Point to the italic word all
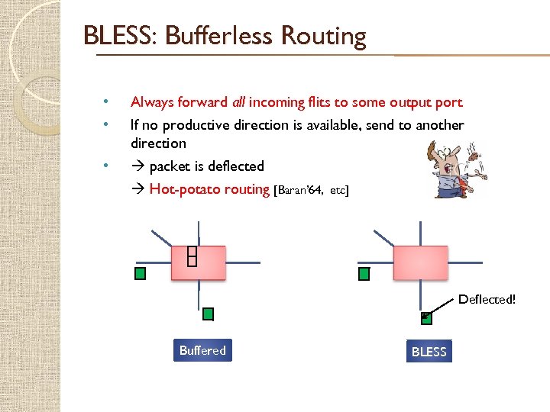pyautogui.click(x=238, y=102)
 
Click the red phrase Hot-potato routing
pyautogui.click(x=209, y=188)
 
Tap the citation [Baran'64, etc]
pyautogui.click(x=311, y=189)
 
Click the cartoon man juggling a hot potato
pyautogui.click(x=455, y=169)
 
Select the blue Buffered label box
pyautogui.click(x=202, y=350)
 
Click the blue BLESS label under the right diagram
pyautogui.click(x=429, y=351)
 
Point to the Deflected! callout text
pyautogui.click(x=487, y=299)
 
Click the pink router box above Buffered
pyautogui.click(x=199, y=262)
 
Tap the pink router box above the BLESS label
pyautogui.click(x=420, y=262)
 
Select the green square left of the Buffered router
pyautogui.click(x=140, y=274)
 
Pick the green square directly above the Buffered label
pyautogui.click(x=208, y=314)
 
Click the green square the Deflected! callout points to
pyautogui.click(x=426, y=318)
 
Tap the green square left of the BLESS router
pyautogui.click(x=364, y=274)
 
